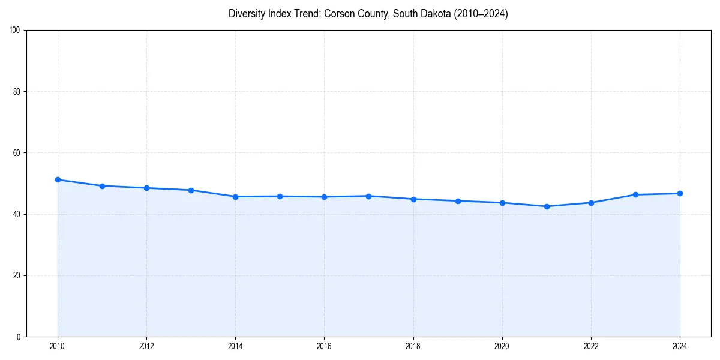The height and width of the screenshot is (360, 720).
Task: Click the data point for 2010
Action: (58, 180)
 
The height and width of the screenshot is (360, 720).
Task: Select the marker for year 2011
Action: (102, 186)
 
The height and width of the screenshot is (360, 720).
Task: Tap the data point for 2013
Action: (191, 190)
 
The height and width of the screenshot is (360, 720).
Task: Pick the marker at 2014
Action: (235, 197)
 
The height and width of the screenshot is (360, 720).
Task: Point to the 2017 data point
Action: (368, 196)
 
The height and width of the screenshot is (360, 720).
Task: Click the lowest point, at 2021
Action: (547, 206)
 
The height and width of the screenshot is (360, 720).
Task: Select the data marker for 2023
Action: (635, 194)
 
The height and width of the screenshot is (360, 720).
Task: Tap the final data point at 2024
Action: (680, 193)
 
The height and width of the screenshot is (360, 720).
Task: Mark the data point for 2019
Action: (458, 201)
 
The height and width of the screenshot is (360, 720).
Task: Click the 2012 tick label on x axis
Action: (146, 346)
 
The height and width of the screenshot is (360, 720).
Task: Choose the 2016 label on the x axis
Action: (324, 346)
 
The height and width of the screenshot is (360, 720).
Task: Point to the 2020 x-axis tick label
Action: (502, 346)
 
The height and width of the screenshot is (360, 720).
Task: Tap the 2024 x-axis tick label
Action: (680, 346)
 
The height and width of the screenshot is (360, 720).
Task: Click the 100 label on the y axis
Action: (15, 31)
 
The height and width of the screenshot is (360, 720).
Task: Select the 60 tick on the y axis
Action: (17, 153)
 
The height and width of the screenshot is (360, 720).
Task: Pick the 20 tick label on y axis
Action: (17, 275)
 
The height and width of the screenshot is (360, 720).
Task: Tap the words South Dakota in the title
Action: (421, 14)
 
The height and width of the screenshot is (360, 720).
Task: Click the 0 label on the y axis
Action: (19, 337)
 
